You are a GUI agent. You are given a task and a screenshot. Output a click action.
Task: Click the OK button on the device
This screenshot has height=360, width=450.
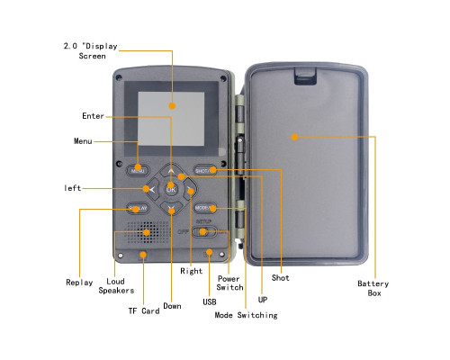point(171,189)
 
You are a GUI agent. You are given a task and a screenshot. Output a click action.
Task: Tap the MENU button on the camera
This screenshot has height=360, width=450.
point(138,170)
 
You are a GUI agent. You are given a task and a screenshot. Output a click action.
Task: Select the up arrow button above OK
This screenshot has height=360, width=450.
point(171,170)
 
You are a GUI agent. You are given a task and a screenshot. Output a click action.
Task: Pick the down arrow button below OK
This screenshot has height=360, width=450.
point(171,208)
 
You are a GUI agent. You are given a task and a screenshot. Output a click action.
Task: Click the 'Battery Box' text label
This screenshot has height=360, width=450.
point(373,288)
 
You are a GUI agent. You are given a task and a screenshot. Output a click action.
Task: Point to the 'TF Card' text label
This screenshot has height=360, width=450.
point(144,310)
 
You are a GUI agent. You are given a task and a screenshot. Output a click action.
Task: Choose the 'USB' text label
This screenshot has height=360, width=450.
point(210,301)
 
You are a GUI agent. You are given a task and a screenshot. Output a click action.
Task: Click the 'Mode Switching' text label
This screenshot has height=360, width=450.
point(246,315)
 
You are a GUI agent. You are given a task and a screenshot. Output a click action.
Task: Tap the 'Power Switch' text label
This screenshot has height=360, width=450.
point(229,283)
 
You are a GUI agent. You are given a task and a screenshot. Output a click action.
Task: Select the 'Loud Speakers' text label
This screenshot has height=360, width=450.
point(116,286)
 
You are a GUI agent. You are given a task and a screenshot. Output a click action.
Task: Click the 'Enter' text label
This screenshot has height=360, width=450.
point(93,116)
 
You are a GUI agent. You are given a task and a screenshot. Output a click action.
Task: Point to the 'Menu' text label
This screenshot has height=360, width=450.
point(83,141)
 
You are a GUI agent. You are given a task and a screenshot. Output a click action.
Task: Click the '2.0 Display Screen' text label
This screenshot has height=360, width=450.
point(91,51)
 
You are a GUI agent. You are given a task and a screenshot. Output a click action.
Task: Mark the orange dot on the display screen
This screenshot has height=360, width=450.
point(172,105)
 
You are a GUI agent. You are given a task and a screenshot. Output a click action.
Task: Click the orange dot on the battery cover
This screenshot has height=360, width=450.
point(294,137)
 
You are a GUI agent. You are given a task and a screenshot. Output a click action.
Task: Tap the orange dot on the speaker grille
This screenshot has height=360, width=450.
point(147,232)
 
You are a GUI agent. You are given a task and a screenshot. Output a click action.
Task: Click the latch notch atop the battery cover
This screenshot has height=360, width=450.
point(305,76)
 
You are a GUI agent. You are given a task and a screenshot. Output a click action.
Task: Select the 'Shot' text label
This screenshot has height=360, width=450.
point(281,278)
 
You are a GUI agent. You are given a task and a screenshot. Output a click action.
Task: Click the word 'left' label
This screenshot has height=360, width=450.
point(73,188)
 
